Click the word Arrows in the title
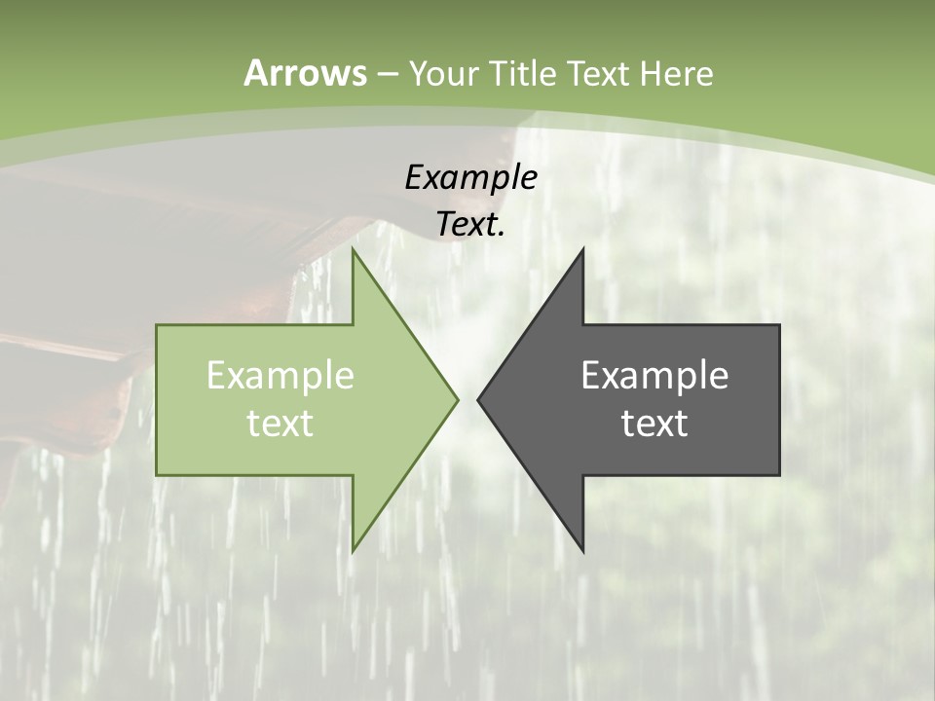tap(305, 73)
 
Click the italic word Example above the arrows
tap(470, 177)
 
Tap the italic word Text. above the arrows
tap(470, 224)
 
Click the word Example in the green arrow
tap(280, 376)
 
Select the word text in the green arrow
tap(280, 423)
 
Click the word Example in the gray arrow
tap(654, 376)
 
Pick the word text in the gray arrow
tap(654, 423)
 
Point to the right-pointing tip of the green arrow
tap(457, 399)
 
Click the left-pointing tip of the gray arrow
tap(478, 399)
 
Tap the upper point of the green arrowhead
tap(353, 250)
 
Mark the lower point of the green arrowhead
tap(353, 550)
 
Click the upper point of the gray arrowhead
tap(582, 250)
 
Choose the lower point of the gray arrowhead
tap(582, 550)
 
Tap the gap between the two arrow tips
tap(467, 399)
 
